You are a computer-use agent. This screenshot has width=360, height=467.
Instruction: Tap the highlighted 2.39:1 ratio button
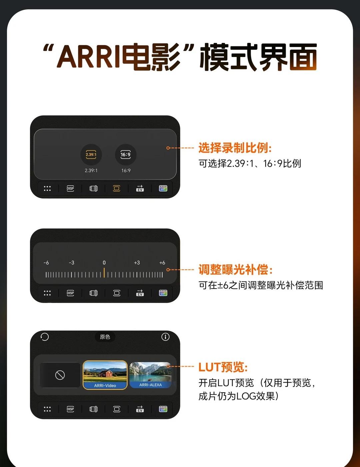click(91, 154)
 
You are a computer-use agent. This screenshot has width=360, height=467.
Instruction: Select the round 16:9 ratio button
click(126, 154)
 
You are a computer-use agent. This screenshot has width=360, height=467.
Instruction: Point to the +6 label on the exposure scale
click(162, 263)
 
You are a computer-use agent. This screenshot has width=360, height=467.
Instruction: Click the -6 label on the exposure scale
click(46, 263)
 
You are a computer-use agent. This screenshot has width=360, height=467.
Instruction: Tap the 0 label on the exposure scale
click(104, 263)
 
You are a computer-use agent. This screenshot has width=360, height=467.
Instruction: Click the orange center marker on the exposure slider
click(104, 273)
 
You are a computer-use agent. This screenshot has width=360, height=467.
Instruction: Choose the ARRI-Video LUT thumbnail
click(105, 375)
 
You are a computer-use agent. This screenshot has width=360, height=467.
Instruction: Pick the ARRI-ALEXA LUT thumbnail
click(150, 375)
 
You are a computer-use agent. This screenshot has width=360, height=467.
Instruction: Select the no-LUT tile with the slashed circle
click(60, 375)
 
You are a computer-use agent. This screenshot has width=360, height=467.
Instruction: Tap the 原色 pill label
click(105, 337)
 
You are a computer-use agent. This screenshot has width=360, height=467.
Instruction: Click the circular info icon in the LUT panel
click(165, 337)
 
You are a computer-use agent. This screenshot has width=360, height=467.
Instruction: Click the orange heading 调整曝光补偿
click(235, 270)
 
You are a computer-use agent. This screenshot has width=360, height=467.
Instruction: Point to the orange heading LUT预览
click(223, 367)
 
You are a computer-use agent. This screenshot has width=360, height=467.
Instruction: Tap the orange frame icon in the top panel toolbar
click(117, 188)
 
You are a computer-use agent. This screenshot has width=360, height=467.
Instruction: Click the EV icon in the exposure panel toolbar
click(140, 293)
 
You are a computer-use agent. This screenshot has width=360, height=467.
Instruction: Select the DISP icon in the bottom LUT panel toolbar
click(70, 409)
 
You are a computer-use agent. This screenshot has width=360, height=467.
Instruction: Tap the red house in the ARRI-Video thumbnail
click(106, 374)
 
